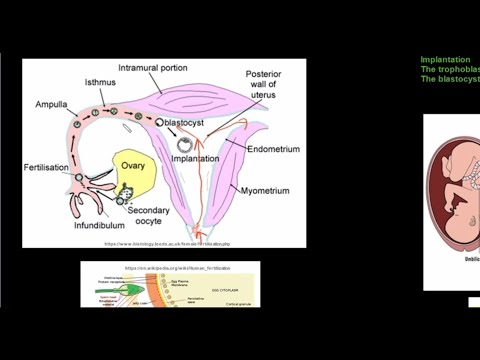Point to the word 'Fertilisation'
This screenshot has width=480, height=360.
point(48,168)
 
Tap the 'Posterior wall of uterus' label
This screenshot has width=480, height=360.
point(265,87)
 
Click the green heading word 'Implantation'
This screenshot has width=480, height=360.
point(445,60)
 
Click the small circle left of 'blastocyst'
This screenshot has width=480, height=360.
point(159,121)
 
